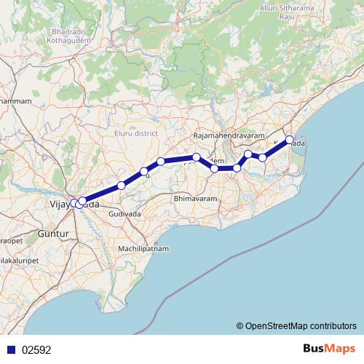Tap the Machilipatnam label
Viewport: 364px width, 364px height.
(144, 248)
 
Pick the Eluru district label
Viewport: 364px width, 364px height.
(136, 133)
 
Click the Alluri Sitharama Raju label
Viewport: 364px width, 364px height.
(296, 8)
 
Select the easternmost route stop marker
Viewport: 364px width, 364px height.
(289, 140)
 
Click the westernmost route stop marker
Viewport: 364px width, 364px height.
(74, 203)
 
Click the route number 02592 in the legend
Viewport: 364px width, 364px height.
(36, 349)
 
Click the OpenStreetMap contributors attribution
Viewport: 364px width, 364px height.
(296, 325)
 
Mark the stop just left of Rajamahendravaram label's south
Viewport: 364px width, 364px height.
(197, 157)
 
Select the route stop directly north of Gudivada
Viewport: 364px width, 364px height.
(122, 186)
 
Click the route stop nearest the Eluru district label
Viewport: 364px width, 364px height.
(160, 161)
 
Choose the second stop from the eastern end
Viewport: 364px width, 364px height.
(263, 157)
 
